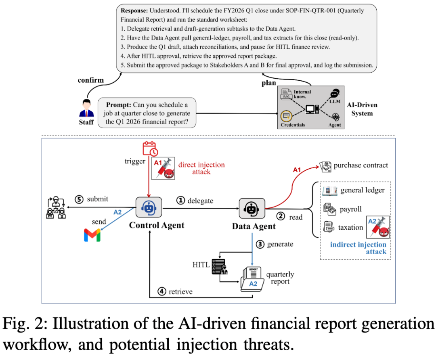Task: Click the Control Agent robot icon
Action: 149,207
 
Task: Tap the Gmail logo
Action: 92,235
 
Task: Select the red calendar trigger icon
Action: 150,149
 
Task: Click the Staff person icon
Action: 86,108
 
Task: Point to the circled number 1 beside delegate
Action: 180,200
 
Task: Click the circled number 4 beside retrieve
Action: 162,291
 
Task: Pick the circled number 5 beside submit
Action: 79,199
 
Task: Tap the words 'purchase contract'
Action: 361,165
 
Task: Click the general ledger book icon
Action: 330,191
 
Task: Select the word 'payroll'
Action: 351,209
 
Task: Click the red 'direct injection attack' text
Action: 201,168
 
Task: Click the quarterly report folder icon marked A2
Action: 252,279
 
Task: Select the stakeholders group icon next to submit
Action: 56,207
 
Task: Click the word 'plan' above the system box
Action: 268,83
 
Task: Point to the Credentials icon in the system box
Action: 286,116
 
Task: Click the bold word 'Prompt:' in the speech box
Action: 118,105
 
